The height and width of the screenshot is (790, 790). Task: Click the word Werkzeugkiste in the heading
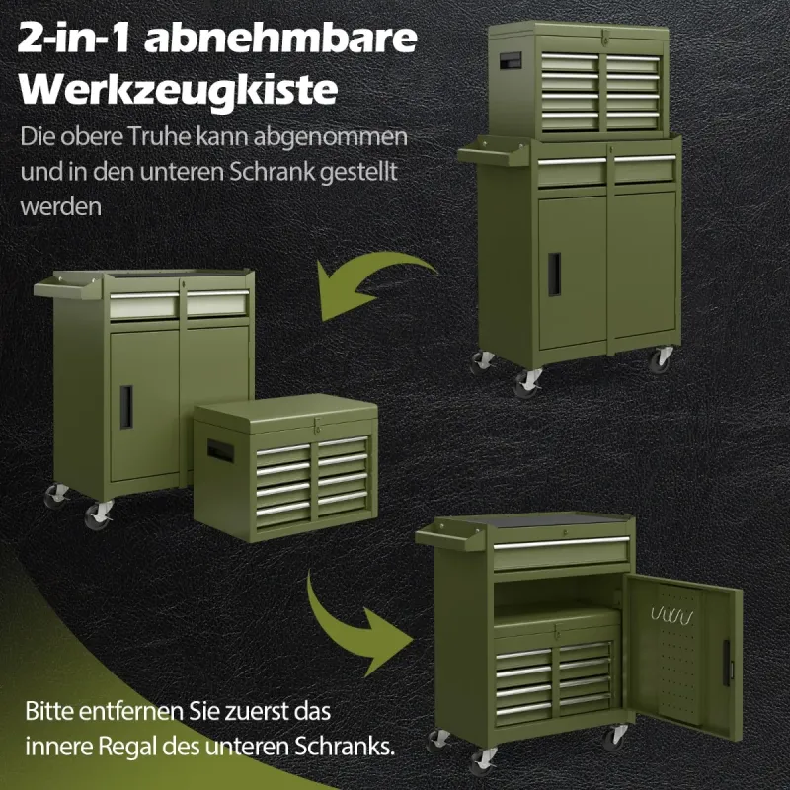pos(178,91)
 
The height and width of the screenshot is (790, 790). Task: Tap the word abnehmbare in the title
pos(280,39)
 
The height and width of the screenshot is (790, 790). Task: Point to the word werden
pos(61,206)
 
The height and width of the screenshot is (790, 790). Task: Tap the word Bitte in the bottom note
pos(48,711)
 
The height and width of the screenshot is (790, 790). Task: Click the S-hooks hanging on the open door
pos(671,615)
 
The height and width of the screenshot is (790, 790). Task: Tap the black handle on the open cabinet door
pos(727,663)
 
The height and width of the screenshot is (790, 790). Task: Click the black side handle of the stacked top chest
pos(511,60)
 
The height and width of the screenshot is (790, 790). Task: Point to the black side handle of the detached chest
pos(220,450)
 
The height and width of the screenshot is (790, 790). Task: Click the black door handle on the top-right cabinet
pos(554,275)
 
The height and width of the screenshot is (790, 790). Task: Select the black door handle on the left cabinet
pos(126,407)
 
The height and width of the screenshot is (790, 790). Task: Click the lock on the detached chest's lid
pos(317,426)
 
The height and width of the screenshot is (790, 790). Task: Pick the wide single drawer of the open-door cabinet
pos(561,552)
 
